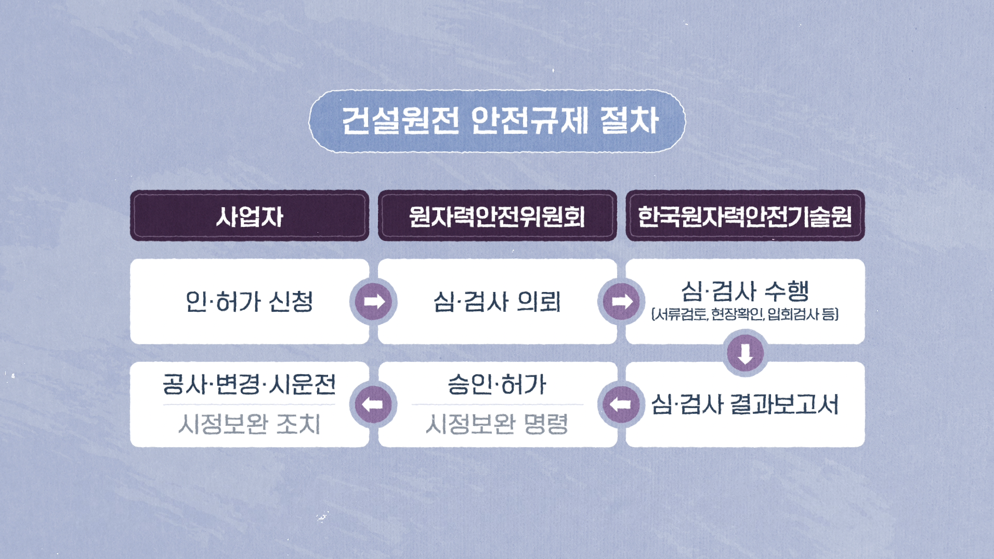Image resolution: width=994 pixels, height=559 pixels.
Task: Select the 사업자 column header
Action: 250,216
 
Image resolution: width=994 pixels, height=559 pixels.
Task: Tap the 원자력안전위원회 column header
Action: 497,216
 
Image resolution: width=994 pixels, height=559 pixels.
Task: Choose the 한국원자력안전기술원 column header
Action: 744,216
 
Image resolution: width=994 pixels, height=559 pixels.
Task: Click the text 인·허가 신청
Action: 250,301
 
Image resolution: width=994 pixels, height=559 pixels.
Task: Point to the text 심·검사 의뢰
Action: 497,301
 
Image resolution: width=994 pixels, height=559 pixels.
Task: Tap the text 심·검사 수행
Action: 744,290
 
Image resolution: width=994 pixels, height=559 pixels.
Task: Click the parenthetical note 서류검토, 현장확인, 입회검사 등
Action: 744,314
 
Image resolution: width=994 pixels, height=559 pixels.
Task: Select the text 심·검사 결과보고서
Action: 744,404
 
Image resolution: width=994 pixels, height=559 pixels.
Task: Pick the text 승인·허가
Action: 497,385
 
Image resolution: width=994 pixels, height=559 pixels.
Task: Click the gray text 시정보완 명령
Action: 497,424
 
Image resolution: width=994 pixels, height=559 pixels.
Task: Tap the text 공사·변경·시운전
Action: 250,385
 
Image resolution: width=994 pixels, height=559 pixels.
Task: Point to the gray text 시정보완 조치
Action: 250,424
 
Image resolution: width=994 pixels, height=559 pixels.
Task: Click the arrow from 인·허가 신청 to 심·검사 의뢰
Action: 373,301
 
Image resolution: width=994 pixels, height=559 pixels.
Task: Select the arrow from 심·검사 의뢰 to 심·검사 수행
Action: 621,301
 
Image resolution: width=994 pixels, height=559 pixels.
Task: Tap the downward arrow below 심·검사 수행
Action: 745,353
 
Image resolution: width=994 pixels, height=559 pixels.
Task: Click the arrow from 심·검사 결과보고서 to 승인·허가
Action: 621,404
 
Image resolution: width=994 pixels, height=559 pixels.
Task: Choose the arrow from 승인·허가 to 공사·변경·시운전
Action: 373,404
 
